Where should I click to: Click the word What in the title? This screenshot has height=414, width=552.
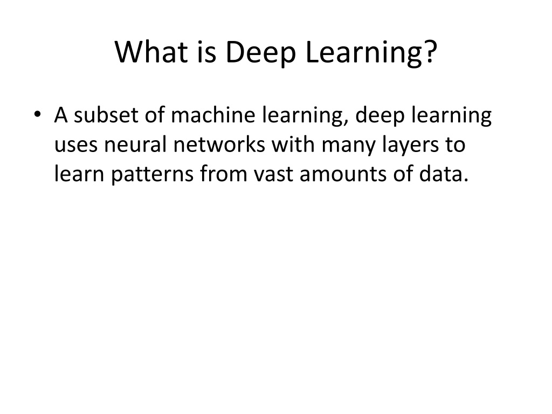coord(151,52)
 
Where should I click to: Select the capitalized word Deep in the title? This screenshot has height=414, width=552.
coord(260,52)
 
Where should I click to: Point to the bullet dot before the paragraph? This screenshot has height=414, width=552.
coord(38,114)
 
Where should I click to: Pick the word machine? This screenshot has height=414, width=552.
coord(213,115)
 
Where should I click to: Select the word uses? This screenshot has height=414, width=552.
coord(75,145)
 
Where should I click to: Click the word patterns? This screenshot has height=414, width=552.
coord(153,175)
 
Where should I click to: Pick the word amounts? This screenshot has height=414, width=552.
coord(343,174)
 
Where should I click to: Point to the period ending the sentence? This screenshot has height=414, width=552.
coord(466,180)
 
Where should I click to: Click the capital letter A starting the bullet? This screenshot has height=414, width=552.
coord(61,115)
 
